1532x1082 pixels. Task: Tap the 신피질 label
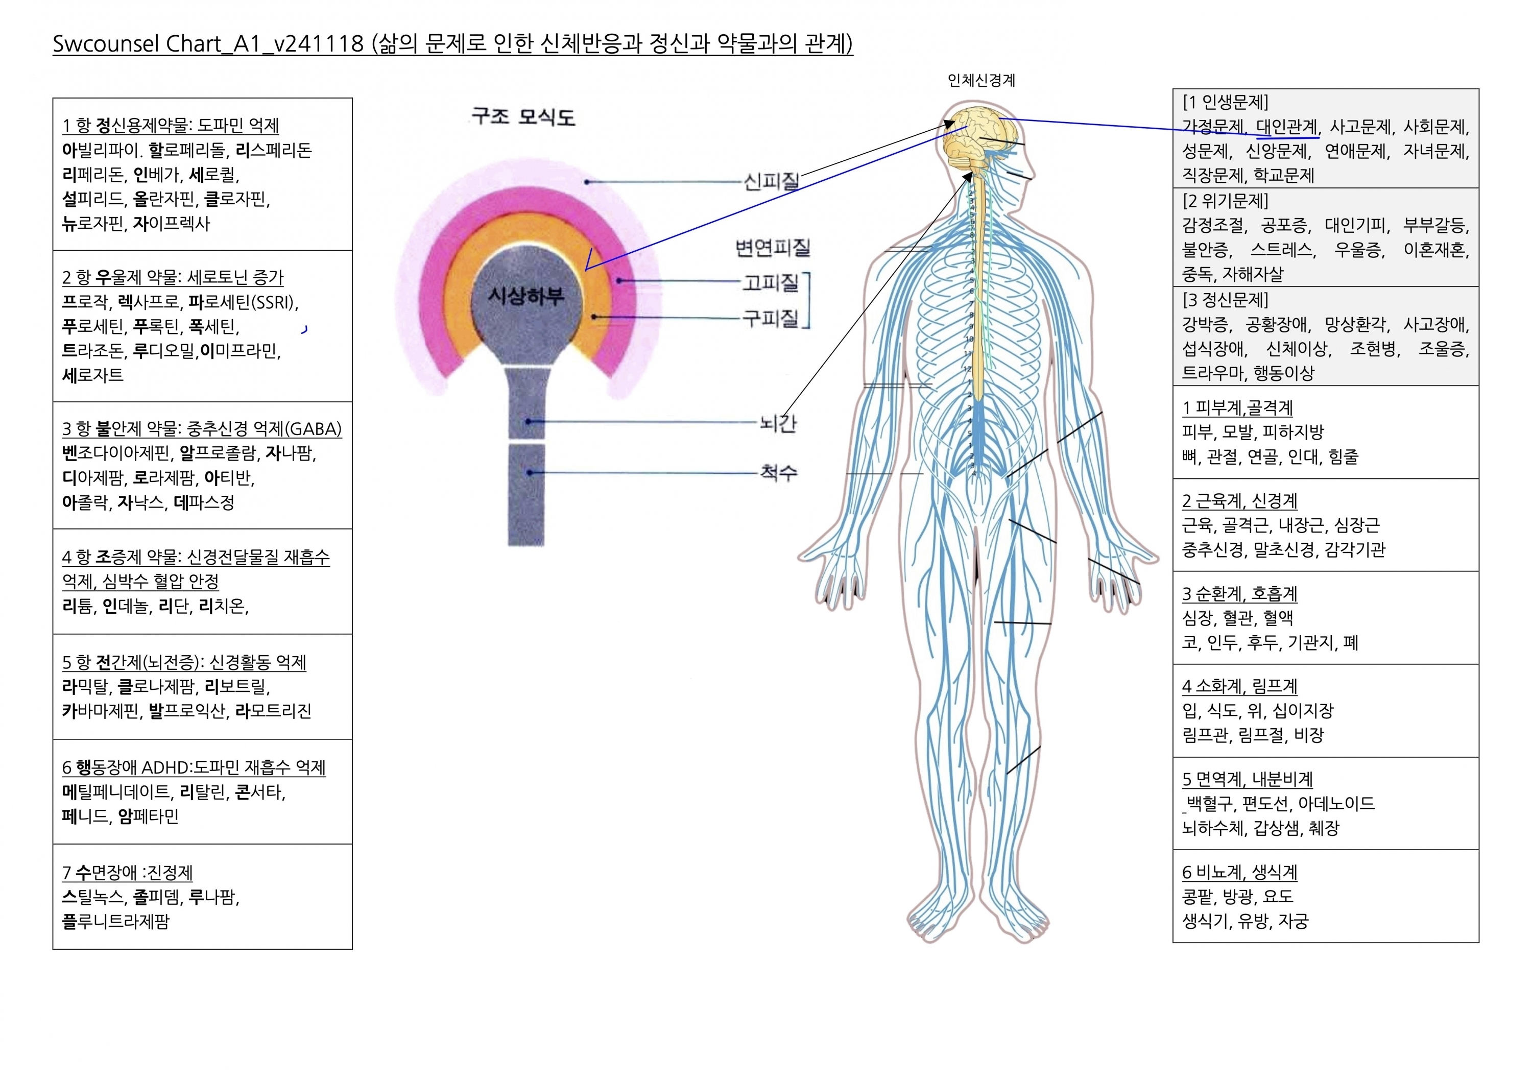coord(771,181)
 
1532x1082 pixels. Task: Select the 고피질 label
coord(771,283)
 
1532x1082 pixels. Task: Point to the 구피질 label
coord(771,318)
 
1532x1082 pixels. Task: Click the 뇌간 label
coord(778,423)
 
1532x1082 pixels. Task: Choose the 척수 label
coord(778,472)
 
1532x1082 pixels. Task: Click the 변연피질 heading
coord(772,248)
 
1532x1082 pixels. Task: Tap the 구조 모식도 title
coord(522,117)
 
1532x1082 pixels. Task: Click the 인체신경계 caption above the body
coord(981,81)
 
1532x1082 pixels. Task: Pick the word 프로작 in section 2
coord(85,302)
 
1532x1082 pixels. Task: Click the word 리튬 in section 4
coord(78,607)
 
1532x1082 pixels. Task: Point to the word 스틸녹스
coord(93,897)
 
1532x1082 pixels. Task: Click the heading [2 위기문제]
coord(1225,201)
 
